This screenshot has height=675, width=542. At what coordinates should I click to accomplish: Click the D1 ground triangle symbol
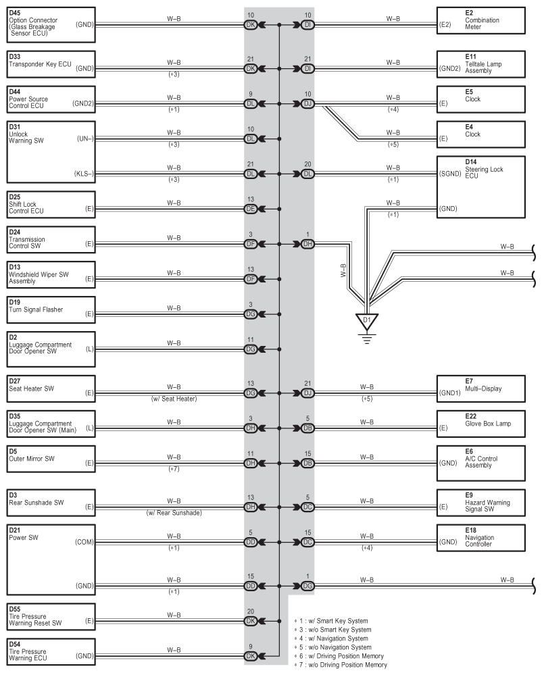367,322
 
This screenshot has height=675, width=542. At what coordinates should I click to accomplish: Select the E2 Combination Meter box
481,20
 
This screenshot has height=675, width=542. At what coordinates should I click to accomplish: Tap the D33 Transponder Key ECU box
51,65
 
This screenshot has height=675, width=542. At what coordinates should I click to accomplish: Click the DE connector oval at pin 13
251,209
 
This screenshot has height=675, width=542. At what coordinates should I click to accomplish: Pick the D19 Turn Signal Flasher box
51,310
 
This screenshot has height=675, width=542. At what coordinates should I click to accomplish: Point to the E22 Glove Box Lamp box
481,424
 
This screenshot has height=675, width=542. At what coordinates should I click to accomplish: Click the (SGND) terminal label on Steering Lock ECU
450,174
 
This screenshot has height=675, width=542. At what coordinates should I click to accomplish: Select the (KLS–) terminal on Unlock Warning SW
84,174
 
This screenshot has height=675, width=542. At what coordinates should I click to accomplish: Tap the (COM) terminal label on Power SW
84,542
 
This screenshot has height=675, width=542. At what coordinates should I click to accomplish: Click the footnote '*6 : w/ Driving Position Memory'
339,656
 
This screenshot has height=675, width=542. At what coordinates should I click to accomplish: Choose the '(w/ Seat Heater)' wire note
174,399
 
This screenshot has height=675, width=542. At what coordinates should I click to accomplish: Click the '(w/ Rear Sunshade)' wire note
174,513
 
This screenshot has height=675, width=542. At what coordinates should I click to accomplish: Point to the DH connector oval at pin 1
307,244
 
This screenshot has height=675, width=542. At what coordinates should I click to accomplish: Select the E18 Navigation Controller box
481,538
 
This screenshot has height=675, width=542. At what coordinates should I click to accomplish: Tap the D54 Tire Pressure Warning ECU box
51,652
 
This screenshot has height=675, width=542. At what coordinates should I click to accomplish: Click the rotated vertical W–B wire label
343,270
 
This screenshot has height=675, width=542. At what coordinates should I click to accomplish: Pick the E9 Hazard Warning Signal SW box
481,503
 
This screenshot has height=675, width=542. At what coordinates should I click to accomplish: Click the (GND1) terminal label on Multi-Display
450,393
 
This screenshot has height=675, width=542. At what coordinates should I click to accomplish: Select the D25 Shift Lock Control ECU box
51,205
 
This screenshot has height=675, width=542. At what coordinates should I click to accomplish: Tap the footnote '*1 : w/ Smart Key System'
331,621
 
